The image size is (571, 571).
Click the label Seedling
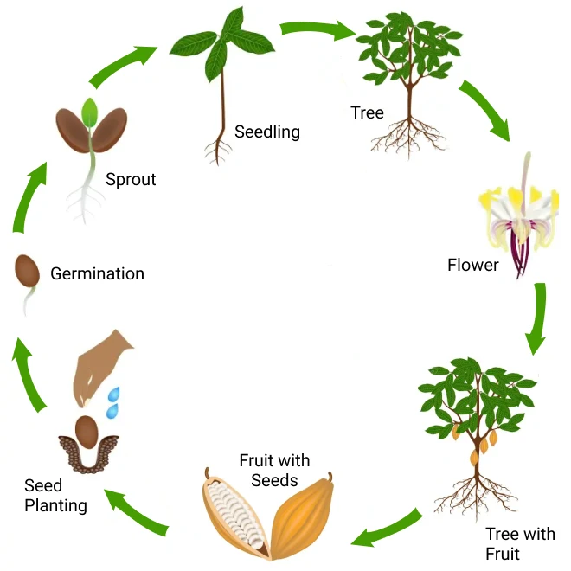point(266,132)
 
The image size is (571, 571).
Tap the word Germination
point(97,274)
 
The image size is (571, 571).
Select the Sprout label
point(131,180)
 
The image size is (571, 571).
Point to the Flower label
point(472,265)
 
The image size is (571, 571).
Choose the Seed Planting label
point(55,496)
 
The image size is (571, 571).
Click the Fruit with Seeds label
point(274,470)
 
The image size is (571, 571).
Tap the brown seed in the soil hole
point(86,430)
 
